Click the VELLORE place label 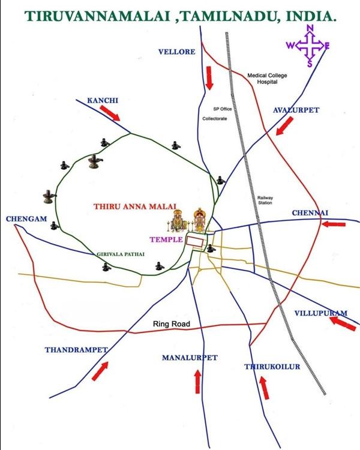click(176, 52)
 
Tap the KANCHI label click(103, 100)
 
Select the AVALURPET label click(296, 110)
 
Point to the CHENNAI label click(310, 213)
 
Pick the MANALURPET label click(190, 358)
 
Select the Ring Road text click(171, 325)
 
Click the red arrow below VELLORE click(209, 78)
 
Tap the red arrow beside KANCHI click(110, 113)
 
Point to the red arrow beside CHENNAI click(333, 224)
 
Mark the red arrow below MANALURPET click(197, 381)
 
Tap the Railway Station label click(265, 200)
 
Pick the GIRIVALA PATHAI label click(121, 254)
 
